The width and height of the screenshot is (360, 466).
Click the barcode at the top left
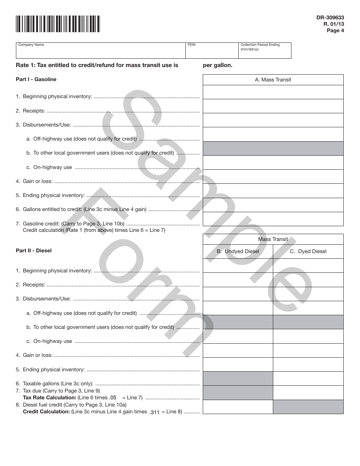[58, 23]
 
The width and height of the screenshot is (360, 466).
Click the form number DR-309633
[330, 17]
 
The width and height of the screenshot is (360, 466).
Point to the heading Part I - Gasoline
[36, 79]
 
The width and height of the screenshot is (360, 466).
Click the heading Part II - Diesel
[34, 250]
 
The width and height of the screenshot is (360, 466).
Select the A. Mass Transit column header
[273, 80]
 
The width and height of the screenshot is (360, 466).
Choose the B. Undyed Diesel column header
[238, 251]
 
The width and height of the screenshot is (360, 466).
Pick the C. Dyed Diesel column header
[308, 251]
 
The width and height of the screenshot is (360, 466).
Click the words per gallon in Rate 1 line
[218, 65]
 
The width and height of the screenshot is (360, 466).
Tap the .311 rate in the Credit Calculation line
[155, 413]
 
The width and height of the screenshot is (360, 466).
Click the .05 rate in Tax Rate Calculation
[113, 397]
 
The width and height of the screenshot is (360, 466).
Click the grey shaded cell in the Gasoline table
[273, 149]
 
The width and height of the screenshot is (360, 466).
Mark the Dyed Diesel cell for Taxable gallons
[308, 378]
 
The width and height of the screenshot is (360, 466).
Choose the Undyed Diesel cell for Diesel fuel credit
[238, 407]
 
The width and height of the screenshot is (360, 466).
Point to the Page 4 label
[335, 31]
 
